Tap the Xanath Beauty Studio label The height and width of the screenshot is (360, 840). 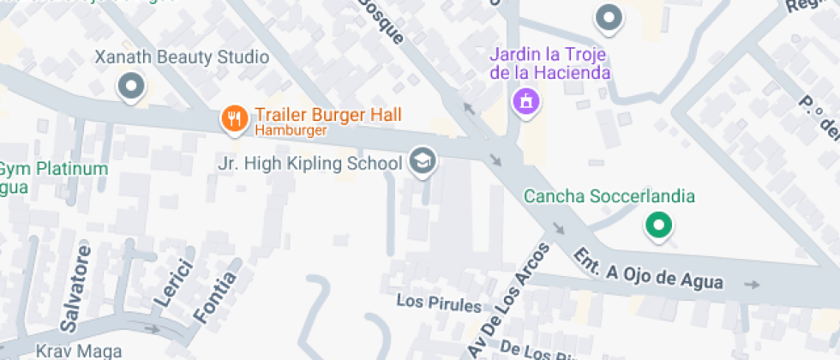183,57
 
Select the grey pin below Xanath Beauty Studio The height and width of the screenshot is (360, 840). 131,86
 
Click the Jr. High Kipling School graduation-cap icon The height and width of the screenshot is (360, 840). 421,160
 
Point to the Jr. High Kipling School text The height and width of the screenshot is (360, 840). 310,164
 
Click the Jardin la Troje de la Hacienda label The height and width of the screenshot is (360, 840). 549,63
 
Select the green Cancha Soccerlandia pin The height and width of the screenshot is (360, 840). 658,225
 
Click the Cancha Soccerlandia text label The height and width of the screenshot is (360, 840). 609,197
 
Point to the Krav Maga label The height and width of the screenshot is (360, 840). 78,351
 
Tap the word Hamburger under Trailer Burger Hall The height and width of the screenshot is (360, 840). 291,131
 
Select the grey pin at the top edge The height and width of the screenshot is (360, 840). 609,17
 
